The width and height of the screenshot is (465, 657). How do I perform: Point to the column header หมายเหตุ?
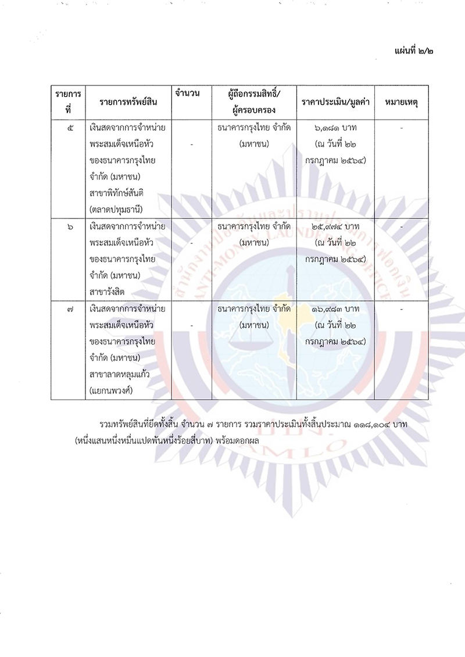pyautogui.click(x=402, y=102)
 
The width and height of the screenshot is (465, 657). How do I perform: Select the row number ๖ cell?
pyautogui.click(x=70, y=228)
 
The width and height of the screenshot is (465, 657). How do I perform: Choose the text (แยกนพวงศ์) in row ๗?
pyautogui.click(x=112, y=390)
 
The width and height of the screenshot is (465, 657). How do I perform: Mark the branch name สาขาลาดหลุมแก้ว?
pyautogui.click(x=120, y=374)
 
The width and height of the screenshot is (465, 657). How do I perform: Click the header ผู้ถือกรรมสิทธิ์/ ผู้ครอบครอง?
pyautogui.click(x=255, y=102)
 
